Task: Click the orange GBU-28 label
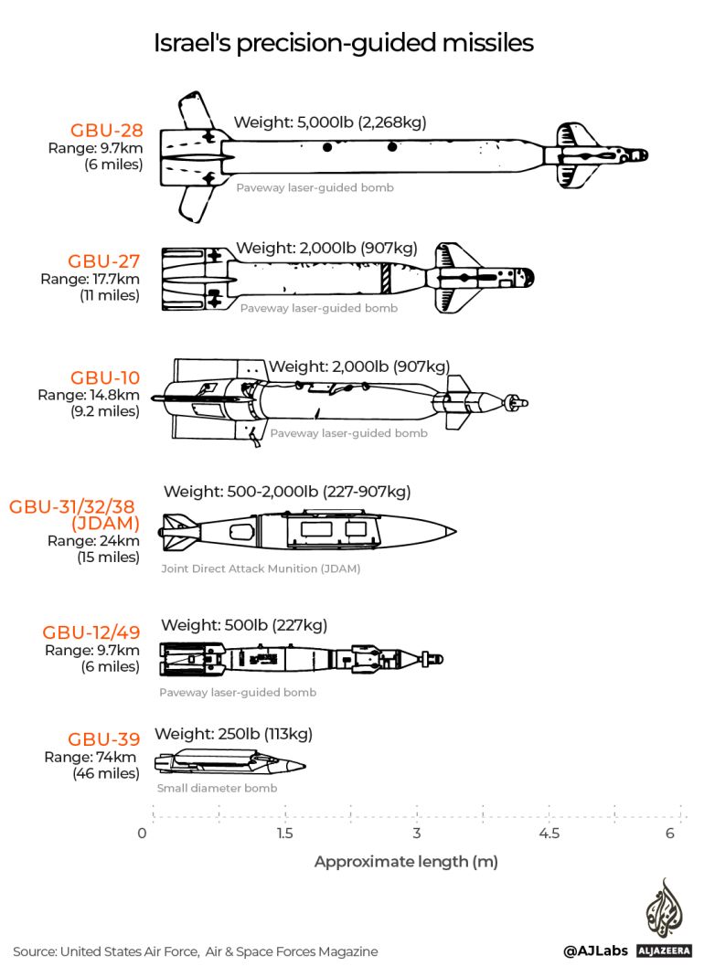[106, 130]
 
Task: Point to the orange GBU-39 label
[101, 739]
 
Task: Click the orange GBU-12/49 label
[91, 632]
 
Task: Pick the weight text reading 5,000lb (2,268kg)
[330, 122]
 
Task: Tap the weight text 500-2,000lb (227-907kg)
[286, 492]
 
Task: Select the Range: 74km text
[91, 757]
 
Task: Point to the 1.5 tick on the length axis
[284, 833]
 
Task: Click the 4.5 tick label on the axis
[549, 833]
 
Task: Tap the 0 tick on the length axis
[142, 833]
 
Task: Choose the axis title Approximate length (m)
[406, 862]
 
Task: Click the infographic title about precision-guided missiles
[343, 43]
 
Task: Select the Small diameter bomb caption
[217, 788]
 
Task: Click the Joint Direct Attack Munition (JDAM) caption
[261, 568]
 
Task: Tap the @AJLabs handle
[594, 951]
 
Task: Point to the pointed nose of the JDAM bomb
[453, 531]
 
